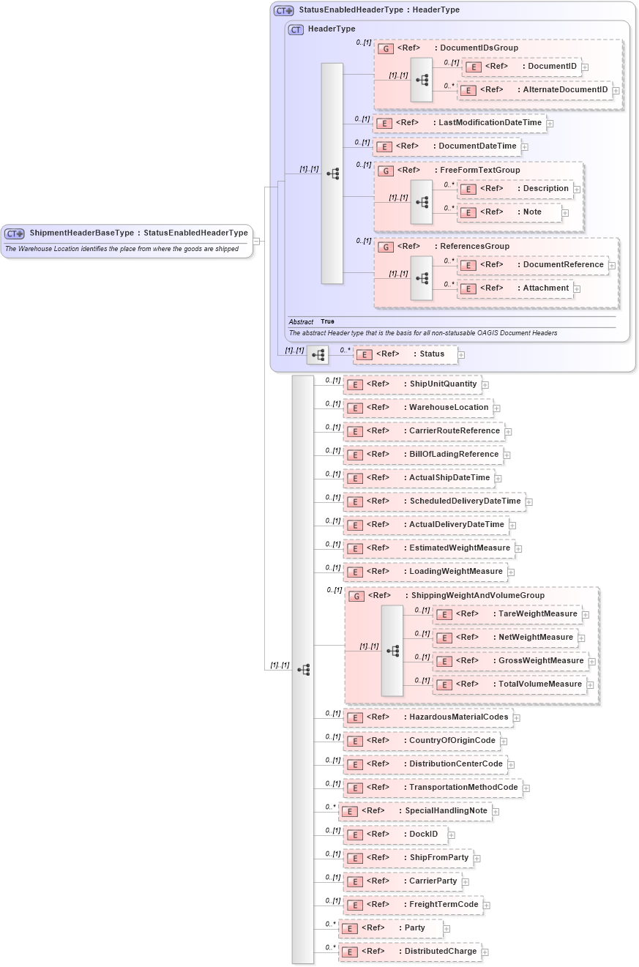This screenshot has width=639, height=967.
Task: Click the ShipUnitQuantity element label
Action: tap(443, 384)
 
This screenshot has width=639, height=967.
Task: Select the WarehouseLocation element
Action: tap(448, 407)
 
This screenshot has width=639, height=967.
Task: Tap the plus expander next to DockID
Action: tap(452, 835)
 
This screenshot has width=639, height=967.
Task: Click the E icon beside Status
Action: tap(364, 354)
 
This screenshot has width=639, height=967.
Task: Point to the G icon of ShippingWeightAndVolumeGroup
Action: tap(356, 596)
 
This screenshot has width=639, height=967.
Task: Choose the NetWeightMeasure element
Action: tap(535, 637)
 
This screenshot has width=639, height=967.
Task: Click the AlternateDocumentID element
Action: tap(565, 90)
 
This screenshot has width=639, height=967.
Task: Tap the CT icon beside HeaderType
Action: tap(296, 29)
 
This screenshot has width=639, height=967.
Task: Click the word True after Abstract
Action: tap(327, 321)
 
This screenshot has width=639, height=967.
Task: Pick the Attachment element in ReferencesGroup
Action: tap(545, 288)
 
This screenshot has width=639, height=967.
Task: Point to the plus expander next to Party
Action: tap(446, 929)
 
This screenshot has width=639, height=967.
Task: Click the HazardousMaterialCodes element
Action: tap(458, 717)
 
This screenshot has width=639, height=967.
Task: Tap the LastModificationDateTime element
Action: tap(490, 122)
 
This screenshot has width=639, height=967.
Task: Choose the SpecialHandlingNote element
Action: tap(446, 810)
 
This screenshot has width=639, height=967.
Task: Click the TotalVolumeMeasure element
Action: tap(539, 684)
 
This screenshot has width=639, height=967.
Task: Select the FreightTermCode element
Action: tap(444, 904)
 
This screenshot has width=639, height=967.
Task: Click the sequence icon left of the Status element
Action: tap(318, 355)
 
